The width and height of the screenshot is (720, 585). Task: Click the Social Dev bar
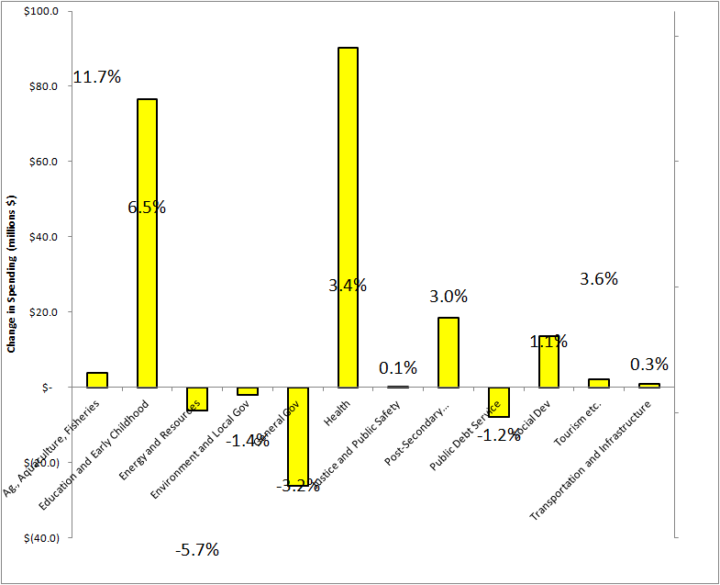(x=548, y=362)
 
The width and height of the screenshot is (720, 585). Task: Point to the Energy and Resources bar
(x=197, y=399)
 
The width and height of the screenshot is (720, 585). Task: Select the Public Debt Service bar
(x=498, y=402)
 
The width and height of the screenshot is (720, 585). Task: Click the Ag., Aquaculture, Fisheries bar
(x=96, y=380)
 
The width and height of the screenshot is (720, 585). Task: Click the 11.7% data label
(x=97, y=77)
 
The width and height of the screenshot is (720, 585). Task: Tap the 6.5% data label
(x=147, y=208)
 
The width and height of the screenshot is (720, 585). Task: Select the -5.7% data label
(x=197, y=550)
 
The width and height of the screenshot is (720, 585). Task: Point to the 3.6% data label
(x=599, y=278)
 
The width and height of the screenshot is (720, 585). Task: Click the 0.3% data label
(x=649, y=365)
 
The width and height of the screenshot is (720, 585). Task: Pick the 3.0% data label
(x=449, y=297)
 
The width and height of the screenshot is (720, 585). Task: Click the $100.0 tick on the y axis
(x=43, y=12)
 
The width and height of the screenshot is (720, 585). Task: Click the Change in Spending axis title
(x=12, y=274)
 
